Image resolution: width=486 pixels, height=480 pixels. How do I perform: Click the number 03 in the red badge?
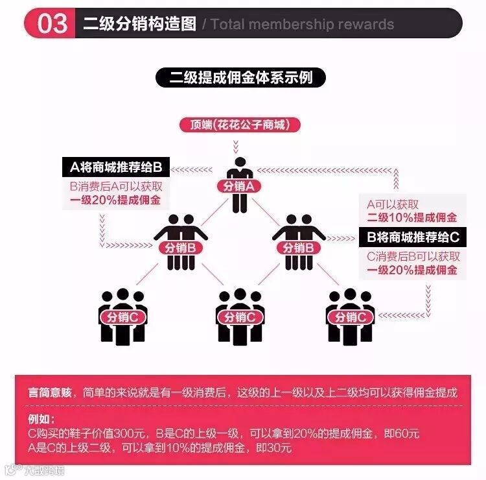pos(52,23)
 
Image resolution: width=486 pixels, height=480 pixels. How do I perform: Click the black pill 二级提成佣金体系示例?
pos(241,78)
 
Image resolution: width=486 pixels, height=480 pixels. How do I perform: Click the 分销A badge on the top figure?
pos(238,186)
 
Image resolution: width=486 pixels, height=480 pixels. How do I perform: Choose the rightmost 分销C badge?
pos(351,317)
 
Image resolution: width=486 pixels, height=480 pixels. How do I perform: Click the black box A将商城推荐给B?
pos(115,168)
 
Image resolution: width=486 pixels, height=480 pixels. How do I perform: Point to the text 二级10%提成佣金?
pos(412,217)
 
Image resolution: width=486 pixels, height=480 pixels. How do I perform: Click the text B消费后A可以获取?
pos(115,187)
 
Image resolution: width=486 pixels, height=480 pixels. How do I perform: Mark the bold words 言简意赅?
pos(50,392)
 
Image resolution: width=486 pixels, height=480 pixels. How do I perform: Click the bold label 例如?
pos(43,418)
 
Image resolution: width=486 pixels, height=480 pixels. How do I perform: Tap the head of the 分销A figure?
pos(239,162)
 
